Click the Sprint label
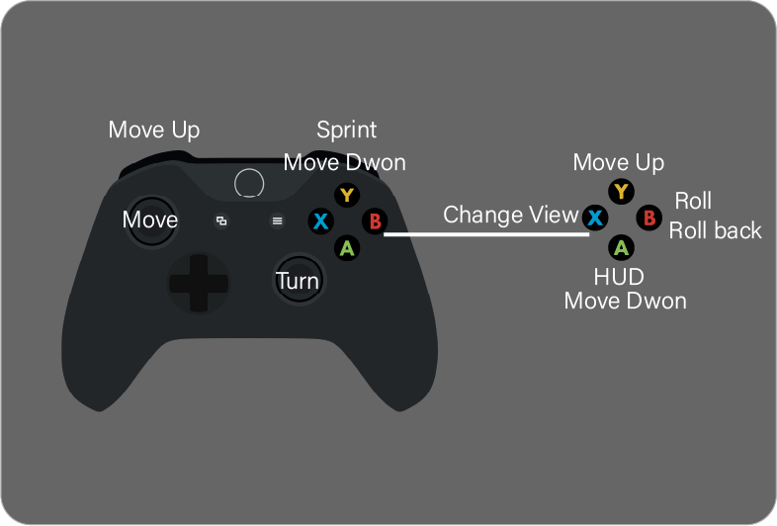[x=346, y=130]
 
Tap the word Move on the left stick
[x=150, y=219]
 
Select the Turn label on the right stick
[x=298, y=281]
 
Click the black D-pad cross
[x=199, y=282]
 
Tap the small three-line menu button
[x=277, y=221]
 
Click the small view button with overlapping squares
[x=221, y=221]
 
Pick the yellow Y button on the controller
[x=346, y=194]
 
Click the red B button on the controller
[x=374, y=220]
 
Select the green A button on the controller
[x=346, y=247]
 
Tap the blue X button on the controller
[x=319, y=220]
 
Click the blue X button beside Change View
[x=594, y=217]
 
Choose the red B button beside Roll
[x=648, y=217]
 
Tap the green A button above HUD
[x=621, y=246]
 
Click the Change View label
[x=510, y=215]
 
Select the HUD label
[x=619, y=276]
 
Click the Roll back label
[x=716, y=230]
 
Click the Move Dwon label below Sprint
[x=344, y=162]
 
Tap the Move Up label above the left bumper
[x=154, y=130]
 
